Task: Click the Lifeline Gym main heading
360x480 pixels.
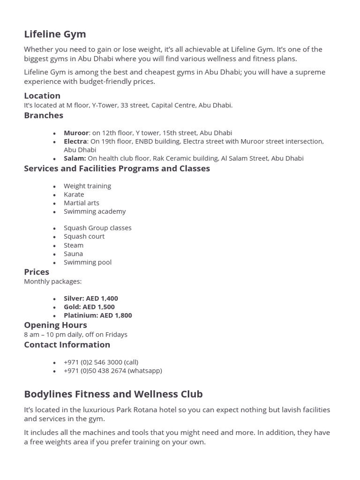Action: (x=55, y=34)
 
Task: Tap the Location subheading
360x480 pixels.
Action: (x=42, y=96)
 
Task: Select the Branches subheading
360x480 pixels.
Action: (x=44, y=115)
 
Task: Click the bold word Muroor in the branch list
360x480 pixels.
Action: (x=76, y=133)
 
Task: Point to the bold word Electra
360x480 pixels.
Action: (x=75, y=141)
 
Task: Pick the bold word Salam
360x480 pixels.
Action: (x=75, y=158)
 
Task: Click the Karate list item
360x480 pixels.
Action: (x=74, y=194)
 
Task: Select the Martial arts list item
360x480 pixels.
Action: (x=82, y=202)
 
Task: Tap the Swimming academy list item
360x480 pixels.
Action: (x=95, y=211)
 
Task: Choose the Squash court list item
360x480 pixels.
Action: (x=84, y=236)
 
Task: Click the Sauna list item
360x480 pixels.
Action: (x=73, y=254)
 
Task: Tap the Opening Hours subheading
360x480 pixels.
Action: (x=55, y=325)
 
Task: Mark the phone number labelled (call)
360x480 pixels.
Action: (x=101, y=362)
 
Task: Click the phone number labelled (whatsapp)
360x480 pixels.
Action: (x=112, y=370)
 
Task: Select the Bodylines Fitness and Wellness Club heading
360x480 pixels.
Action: (x=113, y=394)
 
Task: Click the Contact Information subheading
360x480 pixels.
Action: (x=67, y=345)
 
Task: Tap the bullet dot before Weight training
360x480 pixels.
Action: (x=55, y=187)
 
